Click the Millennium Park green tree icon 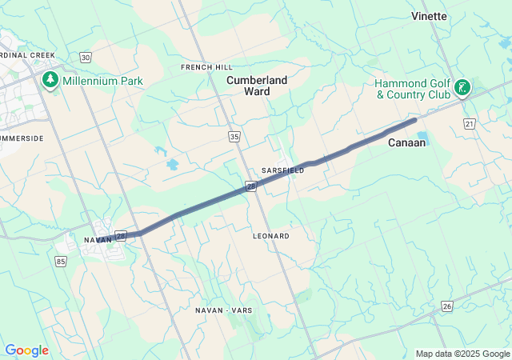coord(50,80)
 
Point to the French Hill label coord(206,66)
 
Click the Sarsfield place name coord(282,170)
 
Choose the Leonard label coord(270,236)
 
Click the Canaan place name coord(406,142)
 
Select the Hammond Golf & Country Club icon coord(462,87)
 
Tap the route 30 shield coord(86,58)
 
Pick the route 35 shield coord(234,137)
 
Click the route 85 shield coord(62,261)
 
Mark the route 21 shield coord(470,122)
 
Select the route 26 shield coord(446,306)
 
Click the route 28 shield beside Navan coord(121,236)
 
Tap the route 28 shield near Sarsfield coord(251,186)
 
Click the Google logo coord(26,350)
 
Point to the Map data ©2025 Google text coord(462,354)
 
